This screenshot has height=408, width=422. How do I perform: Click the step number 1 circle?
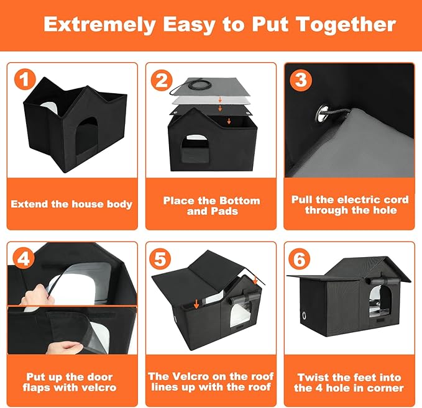(23, 79)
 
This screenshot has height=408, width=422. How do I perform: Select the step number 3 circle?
(300, 79)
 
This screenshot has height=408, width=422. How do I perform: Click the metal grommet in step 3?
(323, 113)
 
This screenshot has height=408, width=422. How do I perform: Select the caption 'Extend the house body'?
(71, 204)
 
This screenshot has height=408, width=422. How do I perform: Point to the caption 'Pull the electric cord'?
(350, 199)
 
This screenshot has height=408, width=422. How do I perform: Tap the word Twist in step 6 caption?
(314, 377)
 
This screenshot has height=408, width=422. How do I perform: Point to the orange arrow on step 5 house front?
(196, 304)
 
